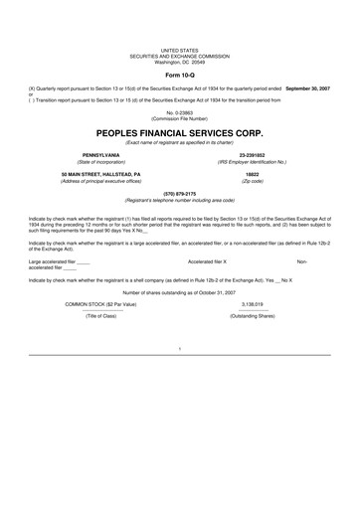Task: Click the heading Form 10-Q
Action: pos(179,75)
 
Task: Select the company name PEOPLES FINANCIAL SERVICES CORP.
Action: pos(179,130)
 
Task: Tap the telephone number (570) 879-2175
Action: pos(179,194)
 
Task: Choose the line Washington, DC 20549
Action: pos(179,62)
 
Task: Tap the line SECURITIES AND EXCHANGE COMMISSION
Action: pos(179,55)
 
